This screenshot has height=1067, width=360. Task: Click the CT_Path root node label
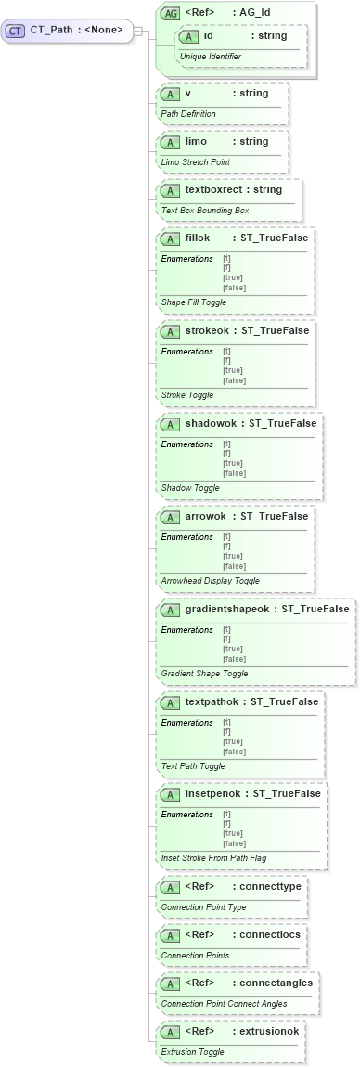click(76, 30)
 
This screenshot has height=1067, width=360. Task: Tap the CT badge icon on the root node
click(15, 31)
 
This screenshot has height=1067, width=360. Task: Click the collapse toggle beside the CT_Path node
click(137, 31)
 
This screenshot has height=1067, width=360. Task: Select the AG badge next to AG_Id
click(170, 13)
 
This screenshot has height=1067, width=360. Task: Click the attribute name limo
click(196, 142)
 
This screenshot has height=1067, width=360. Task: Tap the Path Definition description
click(188, 114)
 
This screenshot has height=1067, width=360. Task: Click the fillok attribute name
click(198, 238)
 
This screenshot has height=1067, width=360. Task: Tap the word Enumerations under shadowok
click(186, 444)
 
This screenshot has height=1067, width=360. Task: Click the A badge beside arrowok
click(170, 517)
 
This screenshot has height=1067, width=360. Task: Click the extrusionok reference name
click(272, 1032)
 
